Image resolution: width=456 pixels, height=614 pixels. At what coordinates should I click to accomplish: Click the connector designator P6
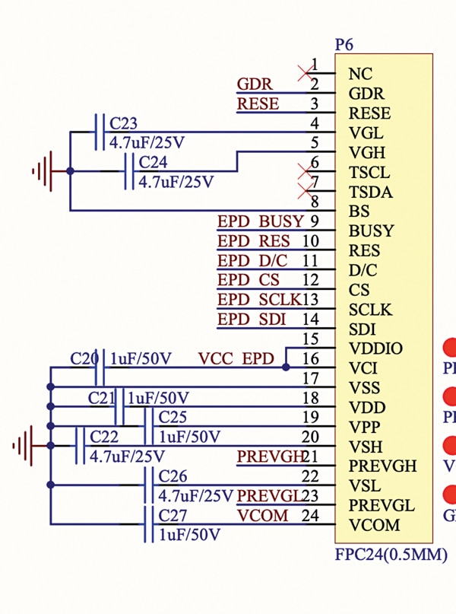[344, 46]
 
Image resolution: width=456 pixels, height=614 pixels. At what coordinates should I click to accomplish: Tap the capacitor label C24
[153, 163]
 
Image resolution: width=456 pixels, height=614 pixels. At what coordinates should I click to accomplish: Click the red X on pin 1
[306, 73]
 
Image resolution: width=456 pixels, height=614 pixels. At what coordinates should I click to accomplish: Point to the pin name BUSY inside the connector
[371, 231]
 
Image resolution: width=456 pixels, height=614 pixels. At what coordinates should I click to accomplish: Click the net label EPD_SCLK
[259, 300]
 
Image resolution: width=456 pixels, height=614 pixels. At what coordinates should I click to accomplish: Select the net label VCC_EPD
[236, 358]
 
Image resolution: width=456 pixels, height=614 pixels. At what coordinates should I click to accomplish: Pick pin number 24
[310, 516]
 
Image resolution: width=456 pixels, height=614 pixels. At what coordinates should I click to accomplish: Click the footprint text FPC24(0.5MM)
[391, 555]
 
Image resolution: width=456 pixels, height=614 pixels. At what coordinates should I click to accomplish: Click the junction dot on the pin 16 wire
[286, 367]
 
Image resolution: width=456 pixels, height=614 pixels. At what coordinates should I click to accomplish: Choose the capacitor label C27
[173, 516]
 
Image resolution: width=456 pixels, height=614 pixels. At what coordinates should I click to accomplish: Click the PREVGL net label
[270, 496]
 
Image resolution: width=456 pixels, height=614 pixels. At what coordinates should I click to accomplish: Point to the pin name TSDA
[370, 192]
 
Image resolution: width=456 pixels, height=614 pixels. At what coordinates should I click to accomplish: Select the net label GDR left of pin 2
[255, 84]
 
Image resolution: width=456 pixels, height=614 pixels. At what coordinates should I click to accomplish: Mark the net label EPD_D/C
[252, 261]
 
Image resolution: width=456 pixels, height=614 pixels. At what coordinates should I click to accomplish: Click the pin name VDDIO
[375, 348]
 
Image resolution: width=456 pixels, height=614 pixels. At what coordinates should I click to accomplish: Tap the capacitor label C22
[104, 437]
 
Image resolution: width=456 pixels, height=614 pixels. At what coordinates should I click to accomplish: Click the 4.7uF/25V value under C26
[195, 496]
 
